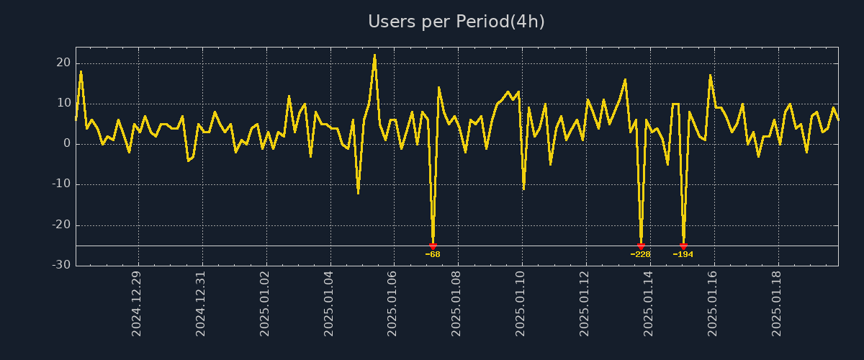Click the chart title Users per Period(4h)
coord(456,22)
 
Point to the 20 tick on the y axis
coord(63,63)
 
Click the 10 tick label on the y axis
coord(63,104)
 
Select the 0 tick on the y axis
coord(67,144)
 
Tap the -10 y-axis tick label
coord(61,184)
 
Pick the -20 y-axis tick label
coord(61,225)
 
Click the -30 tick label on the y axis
coord(61,266)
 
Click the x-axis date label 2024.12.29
coord(137,303)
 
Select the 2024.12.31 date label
coord(201,303)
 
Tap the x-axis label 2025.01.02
coord(265,303)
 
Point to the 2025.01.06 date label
coord(393,303)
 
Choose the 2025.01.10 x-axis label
coord(521,303)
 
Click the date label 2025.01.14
coord(649,303)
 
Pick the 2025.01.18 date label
coord(777,303)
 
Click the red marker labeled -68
coord(433,246)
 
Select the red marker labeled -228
coord(641,246)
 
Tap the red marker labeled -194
coord(683,246)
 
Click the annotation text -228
coord(640,255)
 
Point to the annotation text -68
coord(433,255)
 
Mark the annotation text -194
coord(683,255)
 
